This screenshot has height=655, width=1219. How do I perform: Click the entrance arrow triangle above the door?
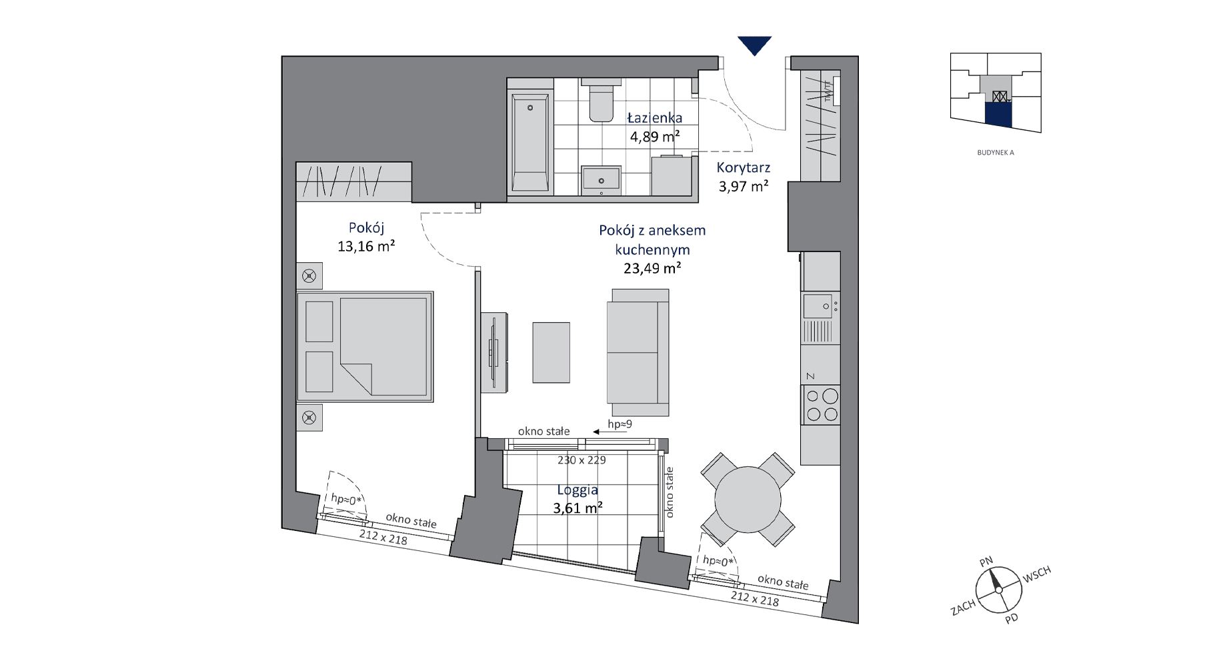pos(754,45)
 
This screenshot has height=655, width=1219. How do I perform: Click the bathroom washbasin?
pos(601,180)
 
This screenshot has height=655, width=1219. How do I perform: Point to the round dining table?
pos(748,500)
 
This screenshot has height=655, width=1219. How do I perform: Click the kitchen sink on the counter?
pos(820,306)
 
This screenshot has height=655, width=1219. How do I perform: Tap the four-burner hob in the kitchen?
pos(821,405)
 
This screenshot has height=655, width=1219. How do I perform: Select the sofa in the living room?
pos(638,352)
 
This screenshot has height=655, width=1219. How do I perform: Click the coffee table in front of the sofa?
pos(551,352)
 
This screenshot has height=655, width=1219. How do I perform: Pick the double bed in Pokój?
pos(365,346)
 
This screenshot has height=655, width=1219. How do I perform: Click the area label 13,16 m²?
pos(366,246)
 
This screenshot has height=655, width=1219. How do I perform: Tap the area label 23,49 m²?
pos(652,268)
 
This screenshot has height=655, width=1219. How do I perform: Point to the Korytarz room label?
pos(744,168)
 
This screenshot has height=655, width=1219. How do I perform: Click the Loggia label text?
pos(577,490)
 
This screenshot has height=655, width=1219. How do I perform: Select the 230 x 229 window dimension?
pos(581,460)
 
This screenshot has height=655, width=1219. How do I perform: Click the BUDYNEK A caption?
pos(996,153)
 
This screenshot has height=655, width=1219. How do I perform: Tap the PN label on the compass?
pos(986,562)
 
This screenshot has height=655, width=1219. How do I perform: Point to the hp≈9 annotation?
pos(620,424)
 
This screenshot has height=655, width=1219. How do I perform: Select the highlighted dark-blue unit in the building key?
pos(998,114)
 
